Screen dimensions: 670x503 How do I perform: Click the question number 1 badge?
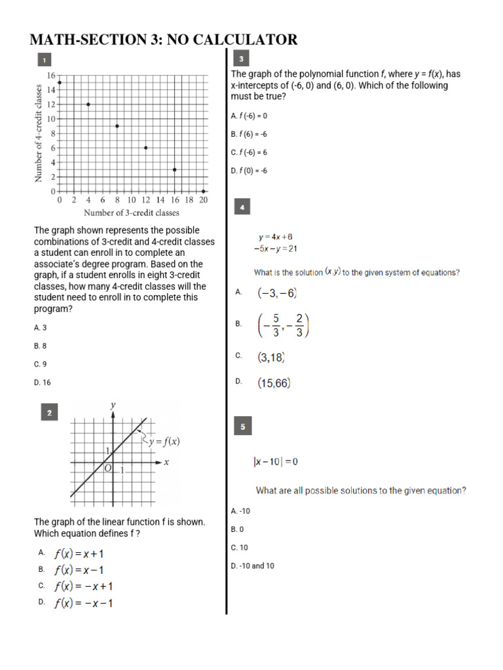click(x=44, y=60)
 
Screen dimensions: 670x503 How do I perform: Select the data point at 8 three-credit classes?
click(x=117, y=126)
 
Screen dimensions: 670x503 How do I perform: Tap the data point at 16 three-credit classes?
click(x=174, y=169)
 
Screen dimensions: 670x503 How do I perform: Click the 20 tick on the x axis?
click(x=203, y=200)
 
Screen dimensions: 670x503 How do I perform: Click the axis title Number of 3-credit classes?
click(x=131, y=213)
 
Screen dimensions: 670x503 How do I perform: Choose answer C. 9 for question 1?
click(x=40, y=364)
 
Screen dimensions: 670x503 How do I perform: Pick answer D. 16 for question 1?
click(x=42, y=382)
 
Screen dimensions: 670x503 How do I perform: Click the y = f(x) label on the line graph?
click(x=164, y=441)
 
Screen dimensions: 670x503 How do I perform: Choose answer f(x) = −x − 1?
click(x=83, y=603)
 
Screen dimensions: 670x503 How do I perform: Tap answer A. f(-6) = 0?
click(x=249, y=116)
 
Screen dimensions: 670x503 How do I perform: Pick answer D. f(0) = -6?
click(x=249, y=171)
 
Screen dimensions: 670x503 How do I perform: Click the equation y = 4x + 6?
click(x=275, y=237)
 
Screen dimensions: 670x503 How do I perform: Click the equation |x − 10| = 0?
click(x=276, y=462)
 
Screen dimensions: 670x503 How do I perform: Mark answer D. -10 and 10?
click(x=252, y=566)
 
